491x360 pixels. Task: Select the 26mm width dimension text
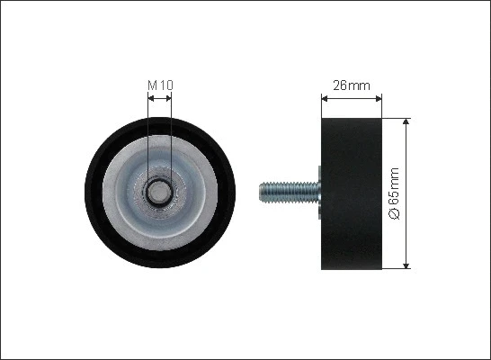[352, 86]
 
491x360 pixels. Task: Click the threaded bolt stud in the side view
[288, 191]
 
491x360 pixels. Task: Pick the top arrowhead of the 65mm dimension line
[406, 120]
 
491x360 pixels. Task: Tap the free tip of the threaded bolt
[261, 191]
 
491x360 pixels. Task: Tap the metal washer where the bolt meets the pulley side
[319, 191]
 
